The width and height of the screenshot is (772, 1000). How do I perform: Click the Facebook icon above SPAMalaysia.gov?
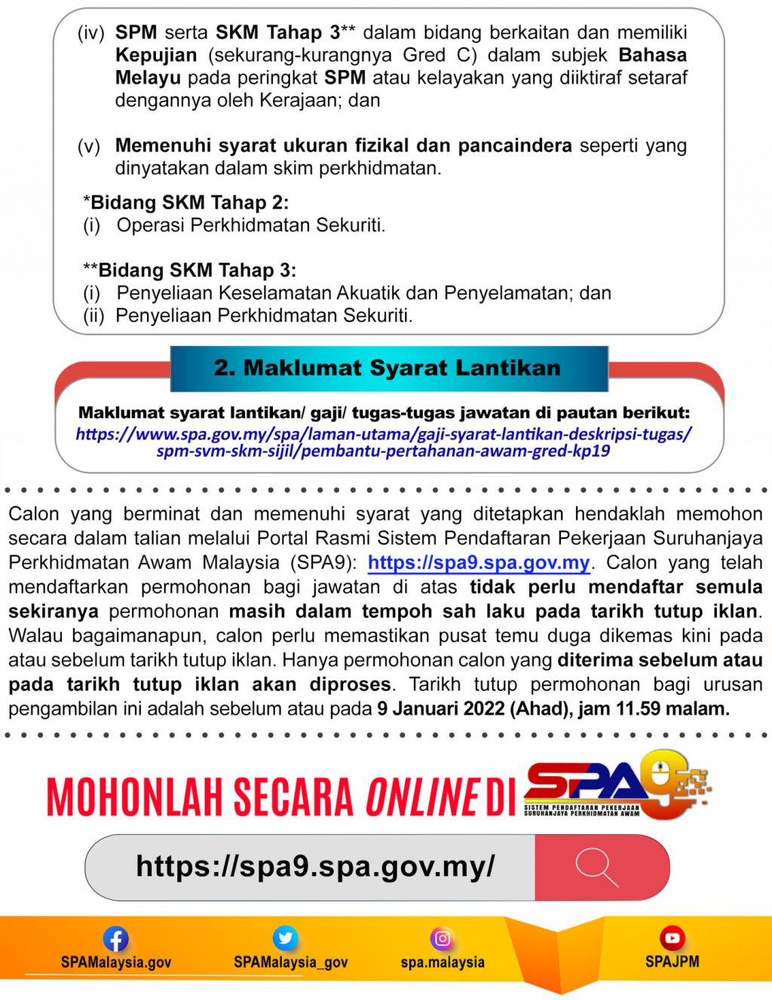point(115,939)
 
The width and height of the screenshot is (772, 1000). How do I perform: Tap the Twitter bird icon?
point(285,938)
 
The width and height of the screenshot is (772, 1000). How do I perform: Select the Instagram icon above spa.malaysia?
point(443,938)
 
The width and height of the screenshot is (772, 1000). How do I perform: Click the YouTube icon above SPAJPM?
point(672,938)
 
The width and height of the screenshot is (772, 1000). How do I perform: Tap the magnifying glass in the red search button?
point(596,867)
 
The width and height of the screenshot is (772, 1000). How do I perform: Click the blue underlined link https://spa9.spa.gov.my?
point(479,563)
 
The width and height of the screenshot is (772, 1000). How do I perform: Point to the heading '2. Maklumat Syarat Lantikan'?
point(388,368)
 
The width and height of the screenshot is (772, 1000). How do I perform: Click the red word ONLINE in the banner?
point(422,797)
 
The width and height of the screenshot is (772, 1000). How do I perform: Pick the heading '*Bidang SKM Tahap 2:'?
point(185,203)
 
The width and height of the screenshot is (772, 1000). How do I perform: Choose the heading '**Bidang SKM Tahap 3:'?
point(189,271)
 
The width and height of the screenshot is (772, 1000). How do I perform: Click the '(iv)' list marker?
point(91,33)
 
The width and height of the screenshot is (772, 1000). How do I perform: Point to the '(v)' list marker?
point(89,146)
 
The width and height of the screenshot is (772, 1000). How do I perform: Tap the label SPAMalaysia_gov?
point(290,962)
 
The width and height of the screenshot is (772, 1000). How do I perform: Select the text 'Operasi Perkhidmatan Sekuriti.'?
point(250,225)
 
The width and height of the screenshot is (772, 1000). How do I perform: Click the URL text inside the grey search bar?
point(315,867)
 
